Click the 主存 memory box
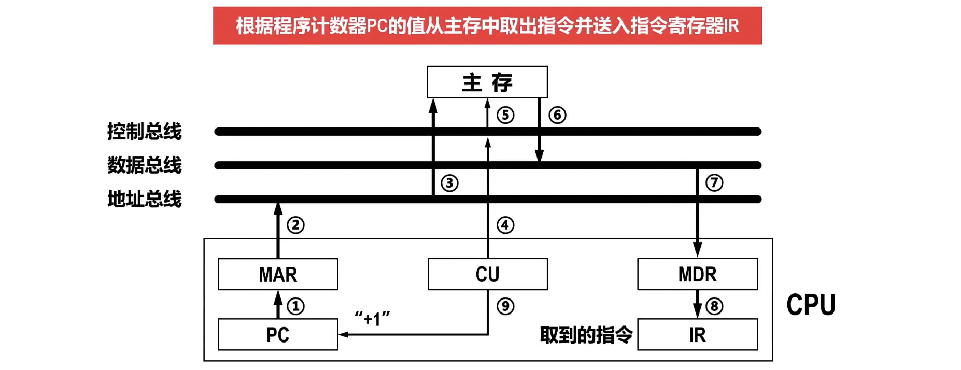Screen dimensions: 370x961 [487, 82]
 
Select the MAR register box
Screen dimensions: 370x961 [278, 274]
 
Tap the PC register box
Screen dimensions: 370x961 [278, 335]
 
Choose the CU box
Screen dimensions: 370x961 [487, 274]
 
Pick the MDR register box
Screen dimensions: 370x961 [697, 274]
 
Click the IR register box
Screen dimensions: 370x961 [697, 335]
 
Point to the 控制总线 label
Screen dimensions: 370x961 [144, 132]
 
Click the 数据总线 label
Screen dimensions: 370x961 [144, 165]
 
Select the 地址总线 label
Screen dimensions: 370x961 [144, 199]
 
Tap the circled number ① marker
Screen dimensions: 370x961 [296, 306]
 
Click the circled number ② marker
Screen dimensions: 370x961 [296, 225]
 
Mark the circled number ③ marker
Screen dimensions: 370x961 [449, 183]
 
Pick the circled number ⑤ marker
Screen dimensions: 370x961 [505, 115]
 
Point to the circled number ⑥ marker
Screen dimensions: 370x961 [557, 115]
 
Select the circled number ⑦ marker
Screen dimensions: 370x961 [714, 182]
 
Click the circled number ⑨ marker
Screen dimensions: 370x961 [505, 306]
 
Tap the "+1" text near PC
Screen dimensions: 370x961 [372, 318]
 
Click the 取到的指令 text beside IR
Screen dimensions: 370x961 [586, 335]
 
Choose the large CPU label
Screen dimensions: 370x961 [811, 305]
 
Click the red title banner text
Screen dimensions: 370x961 [487, 25]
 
